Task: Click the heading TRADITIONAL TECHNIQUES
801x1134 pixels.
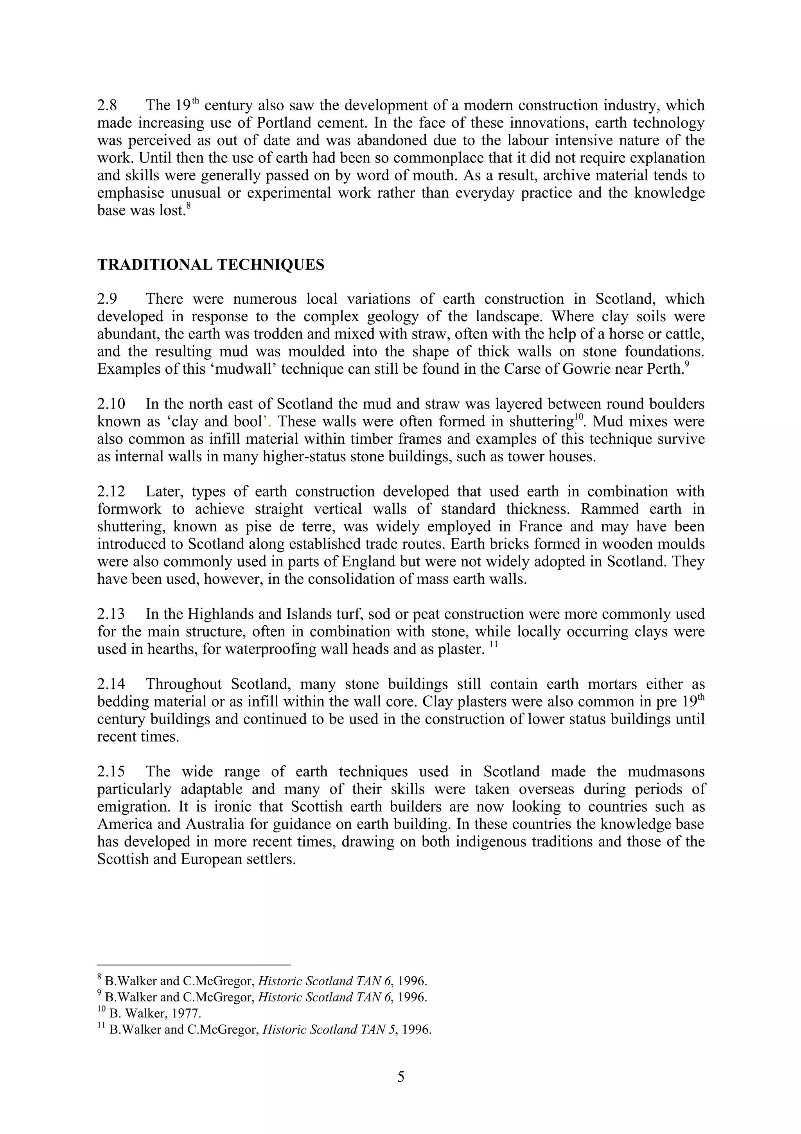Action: coord(211,265)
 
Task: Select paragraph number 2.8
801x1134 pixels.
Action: coord(107,106)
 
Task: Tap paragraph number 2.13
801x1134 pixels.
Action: coord(111,614)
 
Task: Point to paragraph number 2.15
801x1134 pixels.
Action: coord(111,772)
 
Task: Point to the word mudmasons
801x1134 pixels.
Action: coord(666,772)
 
